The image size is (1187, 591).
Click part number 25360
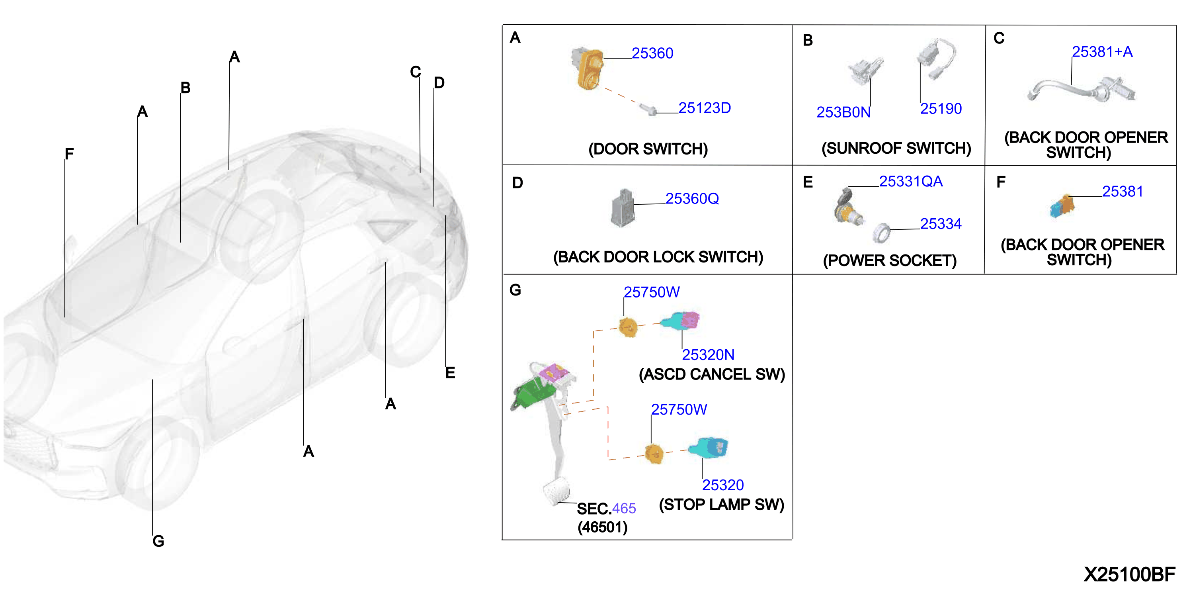652,53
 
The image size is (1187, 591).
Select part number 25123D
704,108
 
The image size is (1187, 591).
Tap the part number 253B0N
843,112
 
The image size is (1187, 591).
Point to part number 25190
941,109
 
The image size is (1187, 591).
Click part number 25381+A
1102,52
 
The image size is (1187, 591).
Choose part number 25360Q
692,199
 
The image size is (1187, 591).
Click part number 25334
941,224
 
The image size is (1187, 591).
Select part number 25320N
708,355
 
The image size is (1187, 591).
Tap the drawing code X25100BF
1129,574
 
